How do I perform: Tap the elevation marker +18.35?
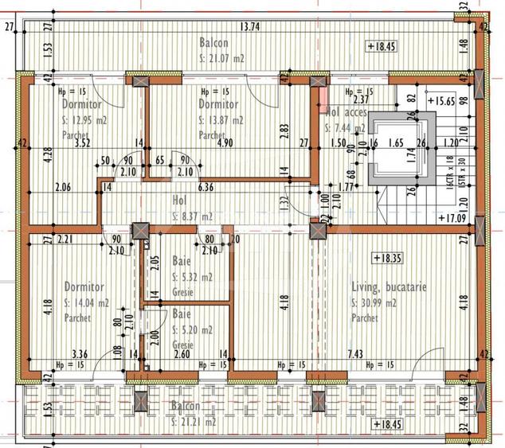click(386, 258)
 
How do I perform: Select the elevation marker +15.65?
click(441, 101)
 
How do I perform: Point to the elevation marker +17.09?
click(452, 216)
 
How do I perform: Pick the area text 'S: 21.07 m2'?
click(222, 59)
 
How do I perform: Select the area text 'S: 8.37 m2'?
click(193, 216)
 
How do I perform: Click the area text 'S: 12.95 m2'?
click(84, 121)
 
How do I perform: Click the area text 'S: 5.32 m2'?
click(192, 278)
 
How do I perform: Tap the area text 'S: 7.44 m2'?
click(347, 127)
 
